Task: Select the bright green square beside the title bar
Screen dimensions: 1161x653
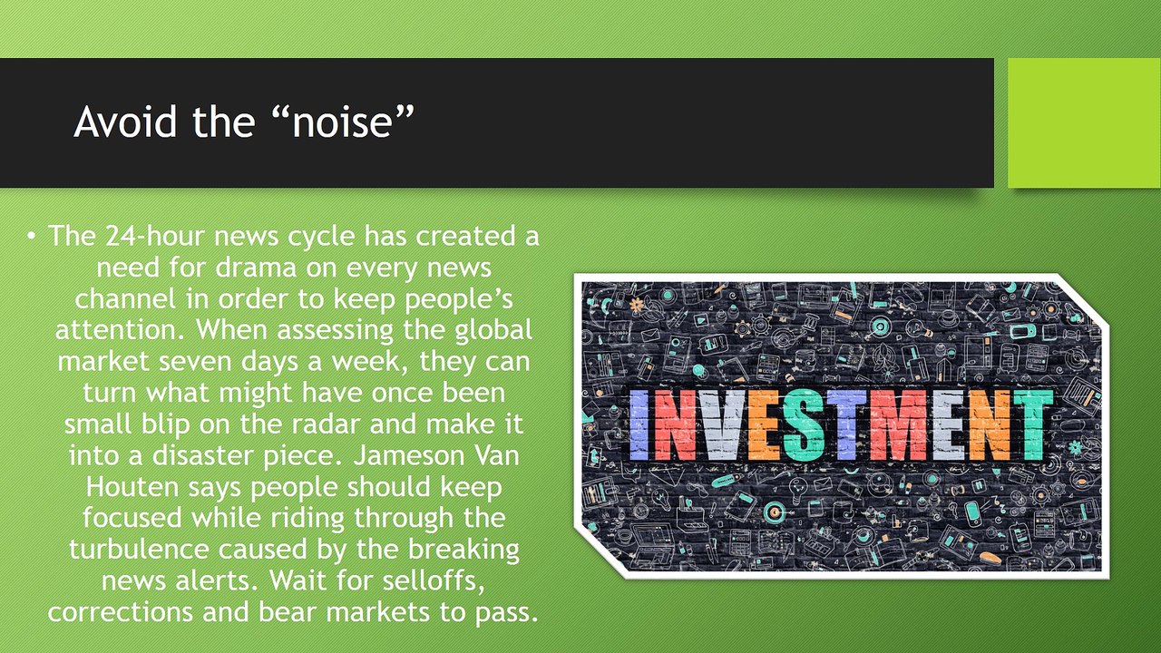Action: click(x=1084, y=122)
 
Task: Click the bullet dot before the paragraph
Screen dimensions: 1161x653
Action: click(x=32, y=237)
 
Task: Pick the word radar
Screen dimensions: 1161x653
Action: click(x=326, y=424)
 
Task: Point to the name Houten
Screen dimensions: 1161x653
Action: click(x=132, y=487)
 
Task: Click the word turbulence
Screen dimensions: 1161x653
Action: click(x=139, y=549)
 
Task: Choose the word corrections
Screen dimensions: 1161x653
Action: click(x=121, y=612)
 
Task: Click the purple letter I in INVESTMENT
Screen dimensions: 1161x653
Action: click(x=639, y=425)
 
